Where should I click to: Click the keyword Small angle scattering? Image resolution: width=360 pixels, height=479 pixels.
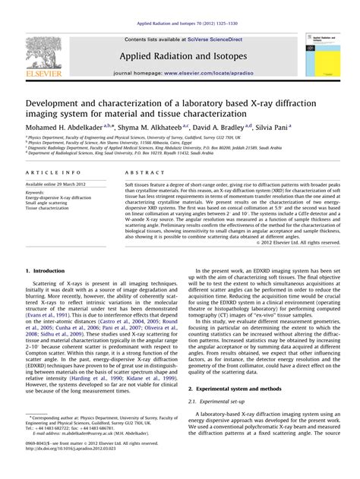tap(50, 207)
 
